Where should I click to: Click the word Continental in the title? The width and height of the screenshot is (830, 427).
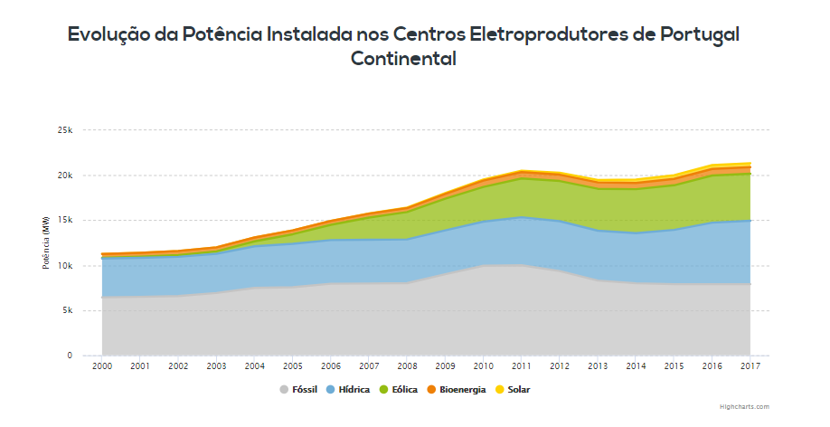(403, 59)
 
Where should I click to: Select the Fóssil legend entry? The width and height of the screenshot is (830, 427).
(304, 390)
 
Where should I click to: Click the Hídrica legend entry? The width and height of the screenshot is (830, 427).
(354, 390)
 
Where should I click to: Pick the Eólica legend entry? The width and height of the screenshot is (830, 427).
(404, 390)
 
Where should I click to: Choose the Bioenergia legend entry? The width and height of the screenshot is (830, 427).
(462, 390)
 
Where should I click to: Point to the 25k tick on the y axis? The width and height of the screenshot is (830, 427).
(64, 130)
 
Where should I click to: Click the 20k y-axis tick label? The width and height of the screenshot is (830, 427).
(64, 176)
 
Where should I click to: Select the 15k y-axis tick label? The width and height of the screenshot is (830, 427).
(64, 221)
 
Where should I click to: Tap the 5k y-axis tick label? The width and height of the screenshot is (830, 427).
(66, 311)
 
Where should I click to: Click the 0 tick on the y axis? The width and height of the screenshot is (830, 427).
(70, 356)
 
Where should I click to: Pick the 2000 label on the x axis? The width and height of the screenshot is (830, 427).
(101, 367)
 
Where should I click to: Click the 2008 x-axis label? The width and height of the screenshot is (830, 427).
(407, 367)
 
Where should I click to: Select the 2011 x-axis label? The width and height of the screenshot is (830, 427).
(522, 367)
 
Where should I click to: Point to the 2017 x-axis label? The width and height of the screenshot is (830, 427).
(750, 367)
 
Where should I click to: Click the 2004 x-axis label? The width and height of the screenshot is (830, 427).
(254, 367)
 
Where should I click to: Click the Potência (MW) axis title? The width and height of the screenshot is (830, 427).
(45, 243)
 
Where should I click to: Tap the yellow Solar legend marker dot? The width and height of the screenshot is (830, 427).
(500, 390)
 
